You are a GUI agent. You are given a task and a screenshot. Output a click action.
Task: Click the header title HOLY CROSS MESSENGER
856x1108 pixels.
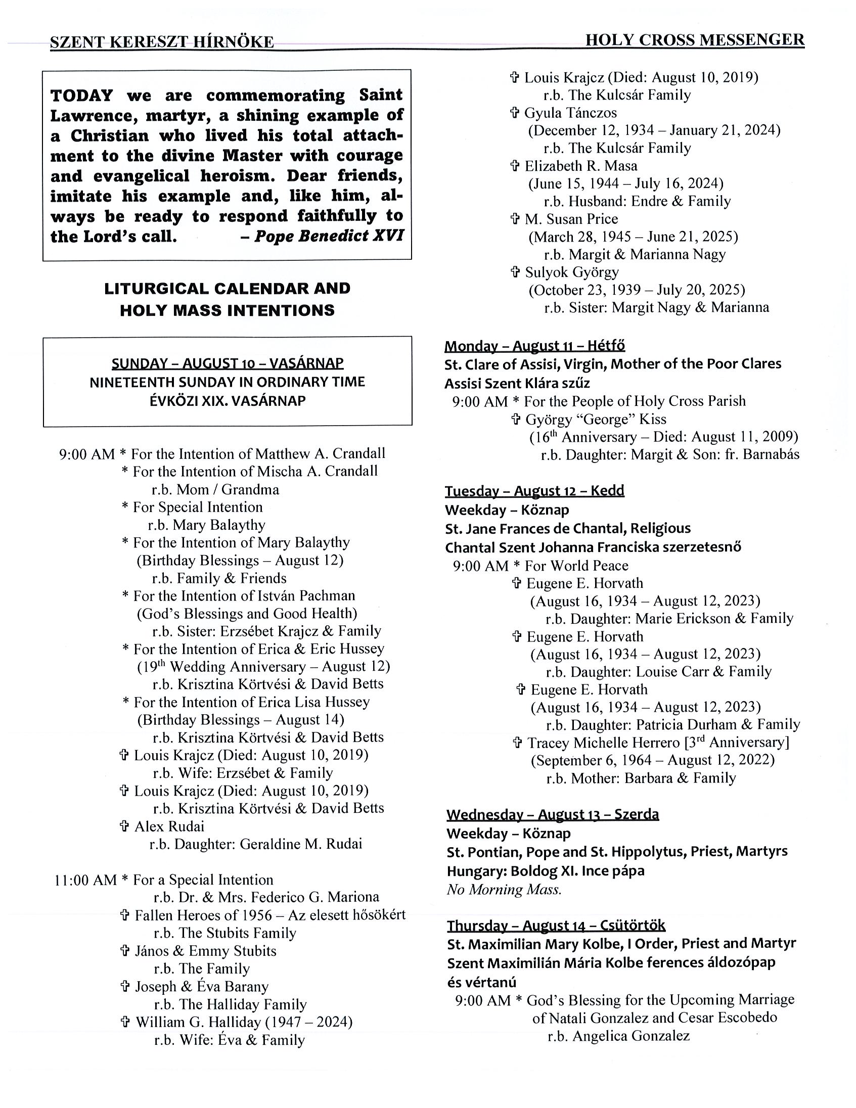[x=694, y=40]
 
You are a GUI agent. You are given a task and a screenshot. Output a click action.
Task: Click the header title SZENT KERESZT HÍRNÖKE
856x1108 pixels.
[x=162, y=42]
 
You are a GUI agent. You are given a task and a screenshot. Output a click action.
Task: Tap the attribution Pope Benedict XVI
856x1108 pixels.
[x=329, y=236]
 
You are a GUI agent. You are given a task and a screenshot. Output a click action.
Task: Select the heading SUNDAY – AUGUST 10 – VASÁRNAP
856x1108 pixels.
[x=228, y=363]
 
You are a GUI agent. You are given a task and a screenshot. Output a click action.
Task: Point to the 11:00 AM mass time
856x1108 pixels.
[x=85, y=880]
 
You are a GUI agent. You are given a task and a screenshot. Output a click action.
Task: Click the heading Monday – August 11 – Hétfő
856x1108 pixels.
[x=534, y=346]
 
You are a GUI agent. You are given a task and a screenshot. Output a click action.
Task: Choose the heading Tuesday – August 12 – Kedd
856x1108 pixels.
[x=534, y=491]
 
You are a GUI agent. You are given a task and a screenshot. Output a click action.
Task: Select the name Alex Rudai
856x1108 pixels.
[x=169, y=826]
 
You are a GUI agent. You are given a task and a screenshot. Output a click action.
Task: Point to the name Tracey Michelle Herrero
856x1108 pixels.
[x=603, y=743]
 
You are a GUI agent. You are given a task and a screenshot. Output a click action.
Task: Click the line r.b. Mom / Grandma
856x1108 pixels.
[x=215, y=490]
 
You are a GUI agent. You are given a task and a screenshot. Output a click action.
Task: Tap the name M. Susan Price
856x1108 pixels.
[x=571, y=219]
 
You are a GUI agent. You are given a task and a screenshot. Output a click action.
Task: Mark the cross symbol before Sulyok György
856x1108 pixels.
[x=515, y=272]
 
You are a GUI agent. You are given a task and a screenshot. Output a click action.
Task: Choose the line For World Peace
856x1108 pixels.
[x=576, y=566]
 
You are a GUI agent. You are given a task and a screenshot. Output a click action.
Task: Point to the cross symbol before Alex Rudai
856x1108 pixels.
[x=124, y=826]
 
